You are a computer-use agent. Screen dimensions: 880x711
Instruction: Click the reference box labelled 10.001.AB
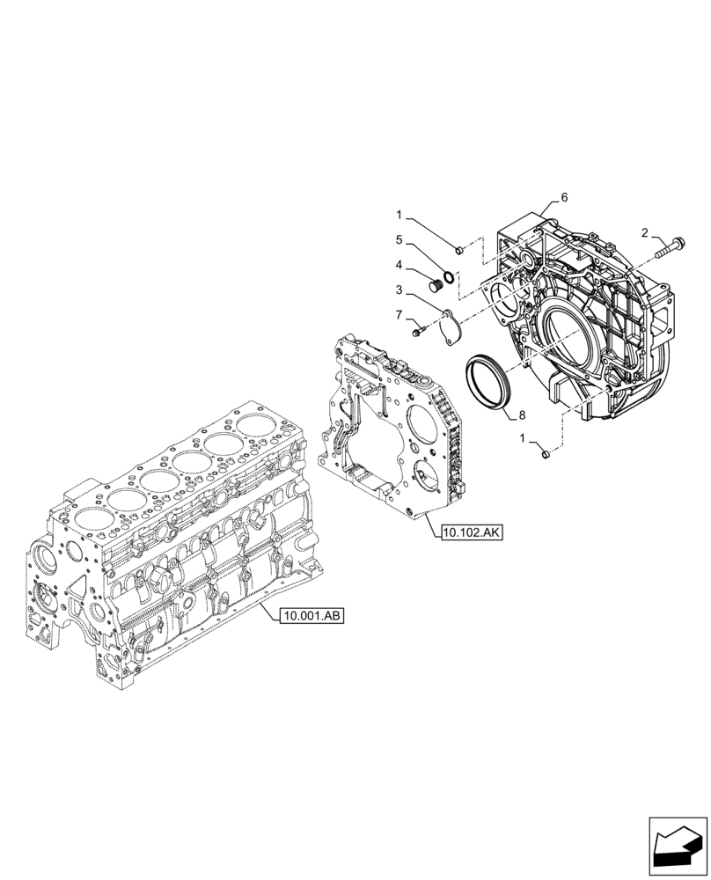(x=312, y=616)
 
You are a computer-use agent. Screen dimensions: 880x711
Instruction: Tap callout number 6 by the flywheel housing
(x=564, y=197)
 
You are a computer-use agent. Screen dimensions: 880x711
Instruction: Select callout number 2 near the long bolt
(x=645, y=233)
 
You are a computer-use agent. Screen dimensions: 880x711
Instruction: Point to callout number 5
(x=399, y=238)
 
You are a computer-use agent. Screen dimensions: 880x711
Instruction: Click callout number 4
(x=399, y=264)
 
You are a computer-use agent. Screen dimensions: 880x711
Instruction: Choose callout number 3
(x=399, y=290)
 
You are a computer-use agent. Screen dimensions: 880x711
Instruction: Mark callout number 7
(x=399, y=315)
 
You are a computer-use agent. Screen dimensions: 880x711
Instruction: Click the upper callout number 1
(x=399, y=214)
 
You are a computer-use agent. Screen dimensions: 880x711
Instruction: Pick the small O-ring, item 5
(x=449, y=279)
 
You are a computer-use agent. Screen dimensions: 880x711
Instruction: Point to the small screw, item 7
(x=418, y=332)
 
